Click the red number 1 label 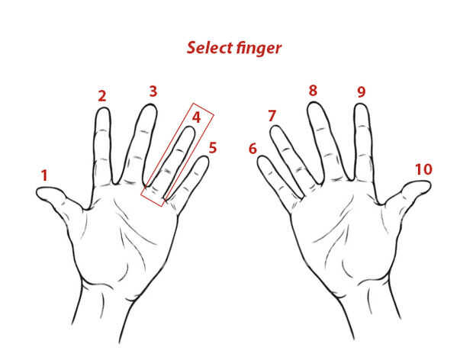coord(45,175)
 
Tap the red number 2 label coord(102,96)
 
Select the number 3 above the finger coord(153,92)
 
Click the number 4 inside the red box coord(196,117)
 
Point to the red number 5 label coord(213,148)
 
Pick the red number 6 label coord(253,149)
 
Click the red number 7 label coord(272,116)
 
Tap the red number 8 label coord(313,91)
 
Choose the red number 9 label coord(362,92)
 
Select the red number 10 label coord(424,169)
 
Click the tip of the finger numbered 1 coord(37,192)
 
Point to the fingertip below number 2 coord(103,108)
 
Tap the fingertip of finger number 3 coord(150,104)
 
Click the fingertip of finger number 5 coord(204,157)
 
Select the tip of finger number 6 coord(262,156)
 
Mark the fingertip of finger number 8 coord(314,103)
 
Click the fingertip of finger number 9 coord(361,104)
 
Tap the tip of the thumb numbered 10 coord(430,185)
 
